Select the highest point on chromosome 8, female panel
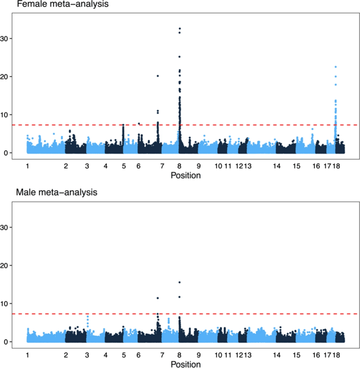pos(179,29)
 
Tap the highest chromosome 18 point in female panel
pos(335,67)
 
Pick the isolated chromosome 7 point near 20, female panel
pos(157,76)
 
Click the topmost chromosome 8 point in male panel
pos(179,282)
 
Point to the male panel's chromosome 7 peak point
pos(157,298)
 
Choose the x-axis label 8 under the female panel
pos(179,167)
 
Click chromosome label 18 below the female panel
pos(336,167)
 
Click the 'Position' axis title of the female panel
pos(185,176)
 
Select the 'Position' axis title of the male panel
pos(185,364)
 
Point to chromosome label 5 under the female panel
pos(123,167)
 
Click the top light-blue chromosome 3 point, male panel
pos(88,316)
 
